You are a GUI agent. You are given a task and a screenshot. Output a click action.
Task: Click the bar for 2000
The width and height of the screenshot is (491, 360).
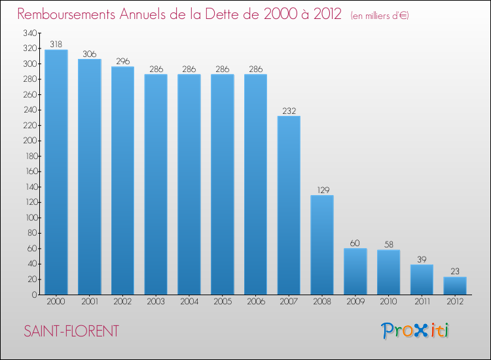click(56, 172)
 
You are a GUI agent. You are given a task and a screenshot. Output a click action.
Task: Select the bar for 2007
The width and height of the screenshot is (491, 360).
click(289, 205)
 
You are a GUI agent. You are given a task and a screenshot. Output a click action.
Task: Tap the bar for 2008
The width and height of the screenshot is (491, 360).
click(322, 245)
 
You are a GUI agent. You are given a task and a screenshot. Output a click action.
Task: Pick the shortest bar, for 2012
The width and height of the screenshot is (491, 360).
click(455, 285)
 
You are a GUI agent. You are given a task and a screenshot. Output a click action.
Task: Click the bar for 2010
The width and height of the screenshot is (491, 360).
click(388, 272)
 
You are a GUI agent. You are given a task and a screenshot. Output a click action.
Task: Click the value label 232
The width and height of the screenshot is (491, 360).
click(289, 111)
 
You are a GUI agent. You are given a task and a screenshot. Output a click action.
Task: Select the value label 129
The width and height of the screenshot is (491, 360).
click(322, 190)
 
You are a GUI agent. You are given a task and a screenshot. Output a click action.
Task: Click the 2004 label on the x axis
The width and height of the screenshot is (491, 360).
click(189, 302)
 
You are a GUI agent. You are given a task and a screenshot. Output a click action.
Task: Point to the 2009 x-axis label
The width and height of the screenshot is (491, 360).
click(355, 302)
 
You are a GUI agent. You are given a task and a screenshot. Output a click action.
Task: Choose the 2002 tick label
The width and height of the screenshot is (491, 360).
click(122, 302)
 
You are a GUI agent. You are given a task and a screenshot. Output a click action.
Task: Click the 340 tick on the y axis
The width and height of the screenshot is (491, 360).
click(29, 33)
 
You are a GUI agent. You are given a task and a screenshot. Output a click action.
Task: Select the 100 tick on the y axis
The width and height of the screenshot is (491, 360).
click(29, 218)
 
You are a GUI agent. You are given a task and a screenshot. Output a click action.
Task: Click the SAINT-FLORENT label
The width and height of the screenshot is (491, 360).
click(71, 331)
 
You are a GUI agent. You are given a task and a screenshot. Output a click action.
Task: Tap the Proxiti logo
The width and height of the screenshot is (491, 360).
click(415, 331)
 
